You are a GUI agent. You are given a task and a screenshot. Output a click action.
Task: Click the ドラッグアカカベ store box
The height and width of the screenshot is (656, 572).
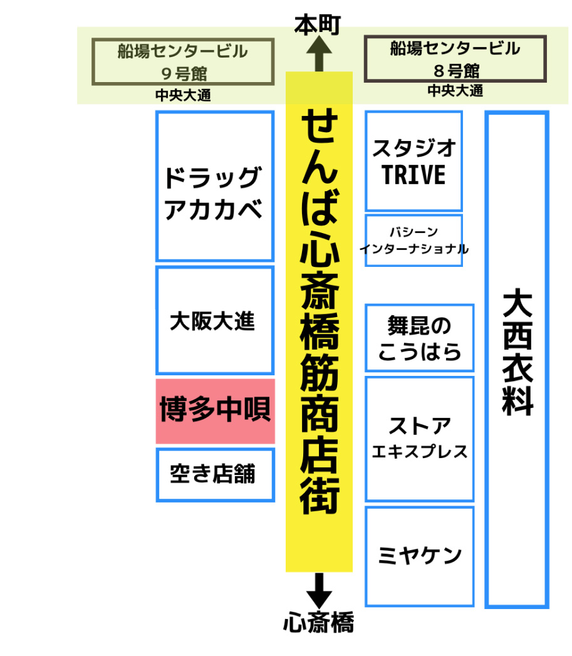(x=214, y=186)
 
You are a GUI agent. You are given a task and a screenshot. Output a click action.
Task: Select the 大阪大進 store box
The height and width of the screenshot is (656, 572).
(x=214, y=320)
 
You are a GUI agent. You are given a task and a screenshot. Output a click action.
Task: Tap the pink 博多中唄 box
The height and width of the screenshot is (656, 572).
(x=215, y=411)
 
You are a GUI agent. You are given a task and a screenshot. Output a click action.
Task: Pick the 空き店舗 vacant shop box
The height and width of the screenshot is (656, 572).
(x=215, y=474)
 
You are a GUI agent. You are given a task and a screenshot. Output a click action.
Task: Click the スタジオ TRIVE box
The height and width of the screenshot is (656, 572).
(x=413, y=161)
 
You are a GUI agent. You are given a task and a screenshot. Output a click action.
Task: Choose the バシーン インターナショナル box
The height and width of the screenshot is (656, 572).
(x=413, y=241)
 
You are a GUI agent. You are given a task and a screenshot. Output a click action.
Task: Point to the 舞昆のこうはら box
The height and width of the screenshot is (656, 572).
(x=419, y=338)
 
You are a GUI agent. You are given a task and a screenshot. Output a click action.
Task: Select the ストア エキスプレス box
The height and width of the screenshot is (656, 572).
(x=419, y=438)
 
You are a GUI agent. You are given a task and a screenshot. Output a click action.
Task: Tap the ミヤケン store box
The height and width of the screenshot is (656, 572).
(x=419, y=556)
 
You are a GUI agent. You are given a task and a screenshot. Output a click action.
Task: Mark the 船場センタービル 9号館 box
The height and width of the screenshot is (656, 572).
(x=183, y=61)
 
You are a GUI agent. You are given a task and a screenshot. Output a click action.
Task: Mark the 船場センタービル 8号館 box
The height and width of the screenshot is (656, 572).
(x=455, y=58)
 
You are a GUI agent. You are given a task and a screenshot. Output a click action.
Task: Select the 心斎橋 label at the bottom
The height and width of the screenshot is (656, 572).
(x=318, y=623)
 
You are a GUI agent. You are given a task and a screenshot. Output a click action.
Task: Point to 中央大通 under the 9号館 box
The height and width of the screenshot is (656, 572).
(x=183, y=96)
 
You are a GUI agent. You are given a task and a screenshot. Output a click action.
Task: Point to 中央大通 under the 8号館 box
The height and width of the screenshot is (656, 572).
(x=455, y=91)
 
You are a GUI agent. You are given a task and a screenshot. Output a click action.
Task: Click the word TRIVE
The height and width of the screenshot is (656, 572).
(x=413, y=175)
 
